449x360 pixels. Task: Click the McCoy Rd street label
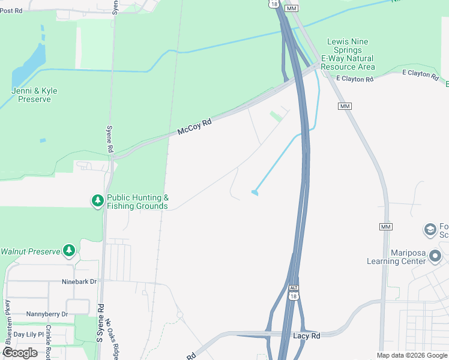194,127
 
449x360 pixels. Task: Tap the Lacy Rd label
306,336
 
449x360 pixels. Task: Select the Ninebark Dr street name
79,281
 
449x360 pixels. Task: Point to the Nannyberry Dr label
47,314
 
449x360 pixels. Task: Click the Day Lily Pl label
29,334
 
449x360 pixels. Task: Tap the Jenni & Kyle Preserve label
34,95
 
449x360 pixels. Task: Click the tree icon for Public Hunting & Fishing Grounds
97,202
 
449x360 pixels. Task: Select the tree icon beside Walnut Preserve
70,250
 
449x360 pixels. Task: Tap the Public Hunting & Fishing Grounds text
137,202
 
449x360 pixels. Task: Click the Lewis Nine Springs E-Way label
348,54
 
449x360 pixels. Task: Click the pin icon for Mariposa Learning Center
436,257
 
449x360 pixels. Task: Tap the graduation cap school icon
430,230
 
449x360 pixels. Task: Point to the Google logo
20,353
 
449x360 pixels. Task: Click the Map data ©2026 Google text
411,355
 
